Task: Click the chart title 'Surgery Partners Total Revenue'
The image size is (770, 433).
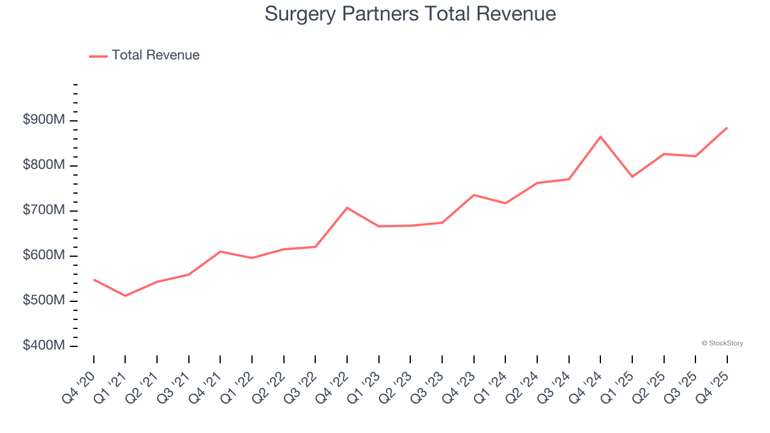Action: (410, 14)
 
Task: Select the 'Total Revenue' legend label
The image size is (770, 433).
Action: (155, 55)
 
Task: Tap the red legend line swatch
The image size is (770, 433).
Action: (98, 56)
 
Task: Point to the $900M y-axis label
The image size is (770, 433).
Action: (43, 120)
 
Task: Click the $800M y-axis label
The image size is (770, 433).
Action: (43, 165)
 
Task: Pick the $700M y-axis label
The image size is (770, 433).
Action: (43, 210)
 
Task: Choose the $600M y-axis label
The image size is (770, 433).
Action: (43, 256)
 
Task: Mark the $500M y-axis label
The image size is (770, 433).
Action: (43, 301)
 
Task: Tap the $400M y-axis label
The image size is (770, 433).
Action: (43, 346)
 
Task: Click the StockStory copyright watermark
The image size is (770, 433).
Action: (722, 343)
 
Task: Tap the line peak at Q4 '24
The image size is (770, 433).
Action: (600, 137)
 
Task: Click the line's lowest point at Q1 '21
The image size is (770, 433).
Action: (125, 296)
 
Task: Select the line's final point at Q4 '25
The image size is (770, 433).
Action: (727, 127)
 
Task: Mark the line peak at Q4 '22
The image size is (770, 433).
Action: (347, 207)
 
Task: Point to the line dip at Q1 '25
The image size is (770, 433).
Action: (632, 177)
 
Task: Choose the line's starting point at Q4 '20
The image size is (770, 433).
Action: (94, 280)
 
